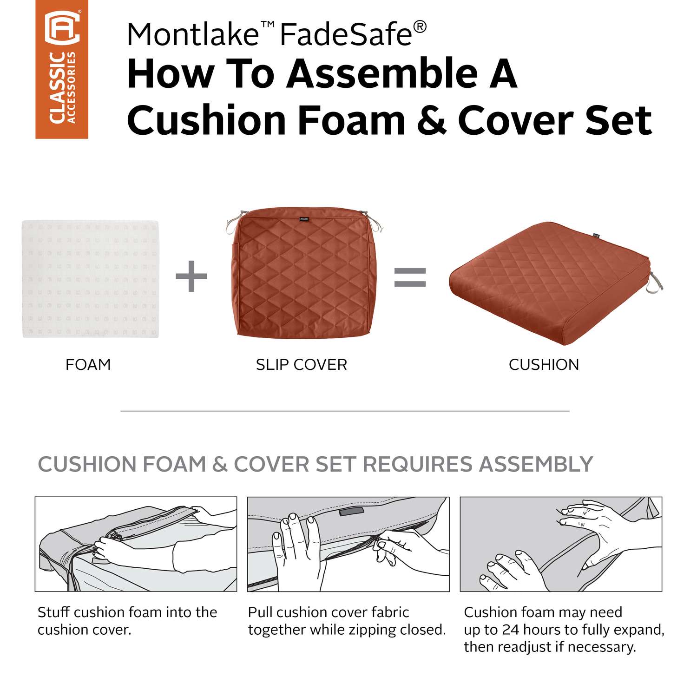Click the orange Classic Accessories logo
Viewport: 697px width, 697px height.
(x=62, y=69)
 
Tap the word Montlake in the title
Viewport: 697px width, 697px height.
(x=192, y=34)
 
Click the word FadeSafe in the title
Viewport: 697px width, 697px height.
(x=346, y=34)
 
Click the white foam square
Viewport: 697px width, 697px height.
(x=90, y=279)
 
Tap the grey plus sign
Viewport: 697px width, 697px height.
(x=191, y=276)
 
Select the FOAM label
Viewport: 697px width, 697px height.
(x=88, y=365)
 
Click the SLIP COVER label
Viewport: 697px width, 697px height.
(x=302, y=365)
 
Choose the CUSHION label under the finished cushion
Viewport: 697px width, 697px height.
(x=544, y=365)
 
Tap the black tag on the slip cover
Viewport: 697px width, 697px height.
(x=304, y=217)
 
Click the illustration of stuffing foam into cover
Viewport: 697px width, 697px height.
(x=136, y=544)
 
